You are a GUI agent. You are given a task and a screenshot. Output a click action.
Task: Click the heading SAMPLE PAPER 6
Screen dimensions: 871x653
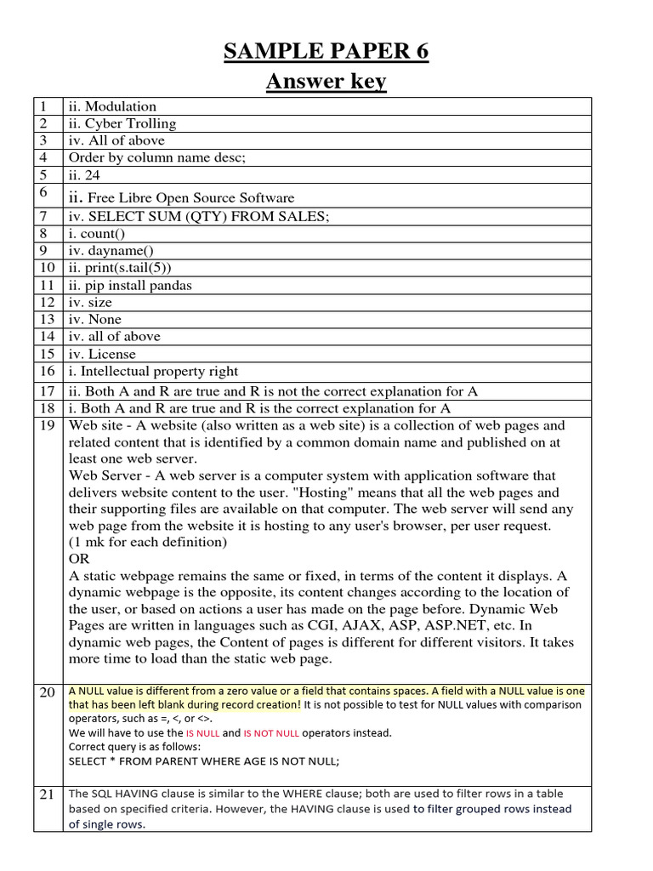(x=326, y=53)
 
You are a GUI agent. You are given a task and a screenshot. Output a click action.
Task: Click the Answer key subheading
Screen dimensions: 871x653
(x=326, y=82)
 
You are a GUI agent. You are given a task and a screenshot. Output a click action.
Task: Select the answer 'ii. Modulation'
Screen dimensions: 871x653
(x=112, y=106)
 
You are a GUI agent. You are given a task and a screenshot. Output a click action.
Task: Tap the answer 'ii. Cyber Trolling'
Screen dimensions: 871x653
(x=122, y=123)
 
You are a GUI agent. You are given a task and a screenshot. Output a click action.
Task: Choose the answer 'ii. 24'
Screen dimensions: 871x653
(x=85, y=174)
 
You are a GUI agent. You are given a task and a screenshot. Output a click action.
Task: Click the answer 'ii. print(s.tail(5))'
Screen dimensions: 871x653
(x=122, y=268)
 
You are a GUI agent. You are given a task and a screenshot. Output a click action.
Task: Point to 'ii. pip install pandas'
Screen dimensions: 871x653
(x=130, y=285)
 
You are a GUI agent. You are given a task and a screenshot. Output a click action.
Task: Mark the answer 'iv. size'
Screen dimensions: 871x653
(x=90, y=302)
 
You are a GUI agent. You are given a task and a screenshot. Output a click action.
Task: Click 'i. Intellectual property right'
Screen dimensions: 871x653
(x=153, y=371)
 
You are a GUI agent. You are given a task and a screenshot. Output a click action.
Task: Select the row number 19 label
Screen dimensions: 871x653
(x=46, y=425)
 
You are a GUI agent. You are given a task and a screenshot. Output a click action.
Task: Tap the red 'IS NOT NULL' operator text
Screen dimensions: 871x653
(x=271, y=732)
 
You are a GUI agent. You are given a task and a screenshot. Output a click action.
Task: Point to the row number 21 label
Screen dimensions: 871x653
(x=46, y=794)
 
